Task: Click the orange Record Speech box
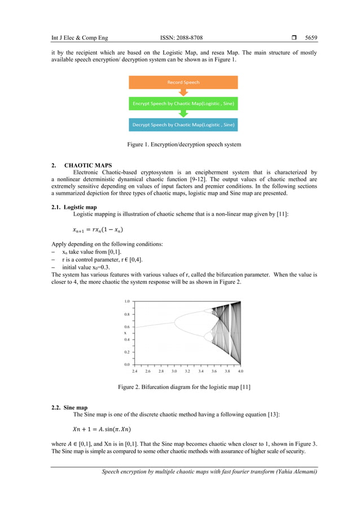tap(183, 82)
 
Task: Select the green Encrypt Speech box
tap(183, 103)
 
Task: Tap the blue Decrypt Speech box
tap(183, 124)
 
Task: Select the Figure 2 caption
tap(184, 387)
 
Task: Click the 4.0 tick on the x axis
tap(240, 371)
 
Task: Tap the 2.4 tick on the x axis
tap(135, 371)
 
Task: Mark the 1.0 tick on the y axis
tap(127, 301)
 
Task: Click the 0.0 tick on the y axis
tap(127, 365)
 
